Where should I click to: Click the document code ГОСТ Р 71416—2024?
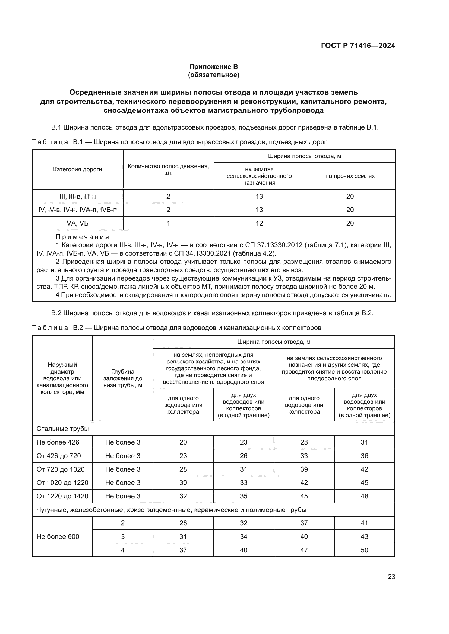click(x=358, y=46)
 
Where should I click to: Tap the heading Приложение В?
click(x=213, y=67)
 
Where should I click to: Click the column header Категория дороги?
click(x=77, y=169)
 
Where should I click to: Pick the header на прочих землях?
click(x=350, y=176)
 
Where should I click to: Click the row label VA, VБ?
click(x=77, y=223)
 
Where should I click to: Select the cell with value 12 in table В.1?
click(x=259, y=223)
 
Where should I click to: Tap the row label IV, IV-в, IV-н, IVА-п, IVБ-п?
click(x=77, y=210)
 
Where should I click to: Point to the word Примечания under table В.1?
click(x=83, y=237)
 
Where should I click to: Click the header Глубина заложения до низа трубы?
click(x=123, y=378)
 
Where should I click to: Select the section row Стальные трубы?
click(x=63, y=429)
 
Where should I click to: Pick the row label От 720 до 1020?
click(x=61, y=469)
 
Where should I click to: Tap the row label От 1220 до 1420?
click(x=62, y=496)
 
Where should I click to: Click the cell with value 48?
click(x=364, y=496)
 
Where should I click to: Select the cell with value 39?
click(x=304, y=469)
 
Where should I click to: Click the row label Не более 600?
click(x=58, y=536)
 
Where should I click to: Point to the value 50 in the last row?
click(x=364, y=550)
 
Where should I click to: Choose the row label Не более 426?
click(x=58, y=442)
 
